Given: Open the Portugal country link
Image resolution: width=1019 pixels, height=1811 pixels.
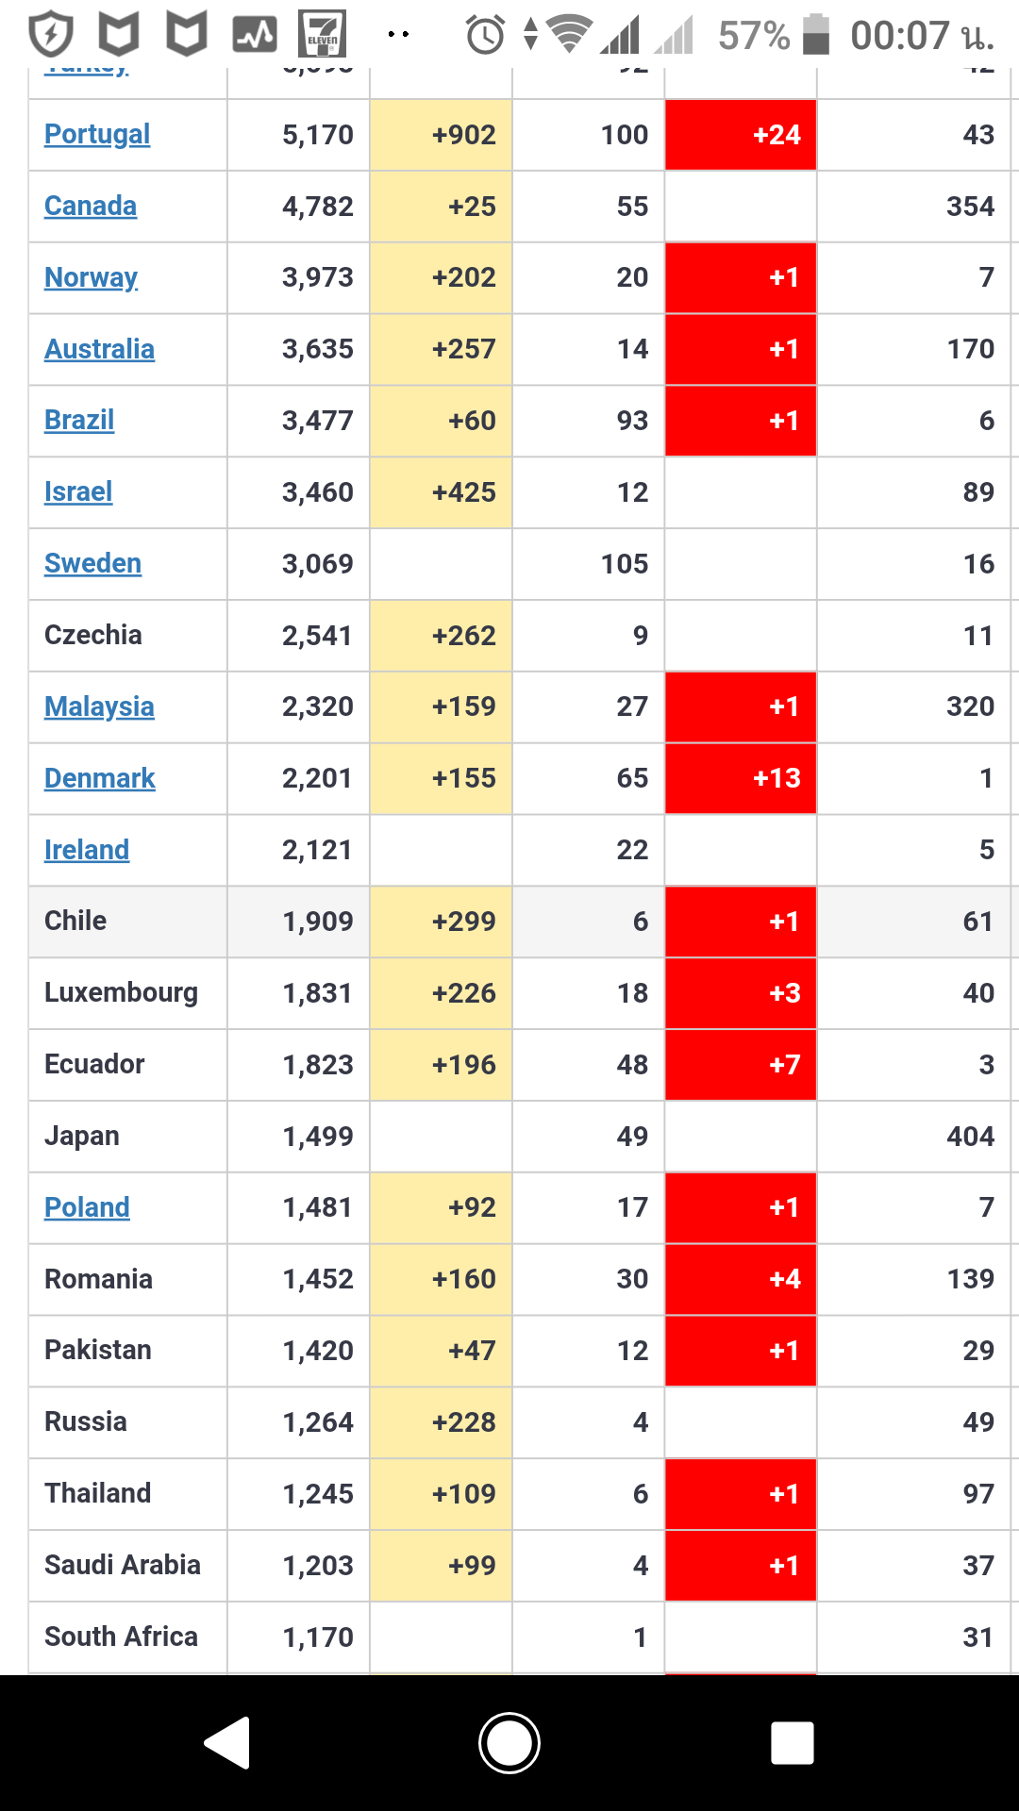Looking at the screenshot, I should (x=97, y=135).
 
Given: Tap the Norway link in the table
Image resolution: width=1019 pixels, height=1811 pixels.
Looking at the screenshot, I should (x=91, y=277).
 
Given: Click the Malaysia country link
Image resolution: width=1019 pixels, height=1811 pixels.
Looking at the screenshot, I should (x=99, y=706).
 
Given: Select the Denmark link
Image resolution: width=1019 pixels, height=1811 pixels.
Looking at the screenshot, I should (x=99, y=778).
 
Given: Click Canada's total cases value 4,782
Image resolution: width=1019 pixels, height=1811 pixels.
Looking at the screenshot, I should (x=318, y=207).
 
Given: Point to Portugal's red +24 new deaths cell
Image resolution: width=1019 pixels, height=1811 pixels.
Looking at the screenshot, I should (x=741, y=135).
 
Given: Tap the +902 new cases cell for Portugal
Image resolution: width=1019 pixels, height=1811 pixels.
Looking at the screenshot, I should (x=442, y=135).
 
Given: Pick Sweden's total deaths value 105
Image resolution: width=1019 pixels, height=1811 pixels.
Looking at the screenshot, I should (x=624, y=564).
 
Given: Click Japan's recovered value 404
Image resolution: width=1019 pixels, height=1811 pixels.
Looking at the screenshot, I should (x=970, y=1137).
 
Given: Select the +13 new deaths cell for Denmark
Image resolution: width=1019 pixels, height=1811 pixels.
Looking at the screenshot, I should (x=741, y=778).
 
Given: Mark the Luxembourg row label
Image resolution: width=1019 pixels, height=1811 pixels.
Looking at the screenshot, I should (x=121, y=992).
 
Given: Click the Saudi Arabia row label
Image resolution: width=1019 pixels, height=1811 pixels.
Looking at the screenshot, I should (x=122, y=1565).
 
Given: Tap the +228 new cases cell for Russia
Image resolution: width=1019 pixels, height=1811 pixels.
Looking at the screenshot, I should (x=442, y=1422).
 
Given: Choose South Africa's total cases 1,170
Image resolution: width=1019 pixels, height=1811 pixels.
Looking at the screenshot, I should (x=318, y=1637).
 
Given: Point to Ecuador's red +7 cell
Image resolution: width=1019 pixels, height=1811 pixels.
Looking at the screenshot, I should (x=741, y=1065).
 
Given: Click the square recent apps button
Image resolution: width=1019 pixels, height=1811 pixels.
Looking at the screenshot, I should (x=792, y=1742).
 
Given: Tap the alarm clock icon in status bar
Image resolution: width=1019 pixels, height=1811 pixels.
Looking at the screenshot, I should (x=486, y=36).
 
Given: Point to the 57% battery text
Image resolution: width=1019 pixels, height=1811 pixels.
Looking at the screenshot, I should (x=753, y=36).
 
